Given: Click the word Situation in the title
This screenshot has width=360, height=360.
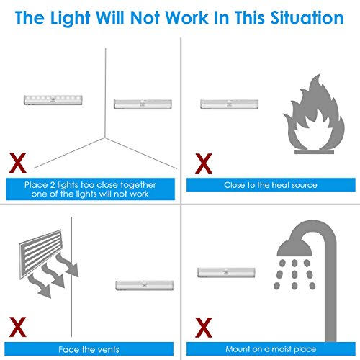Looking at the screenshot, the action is click(307, 18).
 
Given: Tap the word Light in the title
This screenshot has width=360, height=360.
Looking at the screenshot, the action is click(70, 19).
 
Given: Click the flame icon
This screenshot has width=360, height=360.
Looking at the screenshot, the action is click(313, 112).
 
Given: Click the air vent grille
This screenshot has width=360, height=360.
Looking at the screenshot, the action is click(40, 253).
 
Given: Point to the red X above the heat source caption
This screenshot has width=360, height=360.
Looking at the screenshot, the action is click(204, 163).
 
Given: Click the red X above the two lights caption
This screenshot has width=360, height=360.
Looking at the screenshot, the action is click(17, 163).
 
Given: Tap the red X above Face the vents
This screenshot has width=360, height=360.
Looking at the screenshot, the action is click(17, 327).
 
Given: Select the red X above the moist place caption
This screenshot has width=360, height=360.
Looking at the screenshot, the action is click(204, 328).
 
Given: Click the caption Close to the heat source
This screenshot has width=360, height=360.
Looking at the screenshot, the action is click(271, 185).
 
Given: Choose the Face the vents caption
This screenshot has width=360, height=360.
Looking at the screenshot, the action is click(89, 349).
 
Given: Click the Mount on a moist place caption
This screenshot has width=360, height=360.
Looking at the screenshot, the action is click(271, 349).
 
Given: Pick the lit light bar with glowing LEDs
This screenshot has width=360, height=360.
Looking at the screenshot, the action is click(53, 100).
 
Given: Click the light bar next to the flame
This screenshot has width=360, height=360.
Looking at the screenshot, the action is click(229, 104).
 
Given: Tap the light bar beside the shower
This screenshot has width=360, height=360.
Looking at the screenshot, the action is click(226, 272).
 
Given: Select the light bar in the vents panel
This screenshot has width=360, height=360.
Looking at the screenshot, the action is click(145, 285).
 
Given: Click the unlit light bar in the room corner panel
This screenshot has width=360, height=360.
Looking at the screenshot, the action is click(143, 104).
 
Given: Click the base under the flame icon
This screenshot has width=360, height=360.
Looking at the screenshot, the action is click(314, 152).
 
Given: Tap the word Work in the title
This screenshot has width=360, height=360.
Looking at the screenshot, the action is click(187, 18).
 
